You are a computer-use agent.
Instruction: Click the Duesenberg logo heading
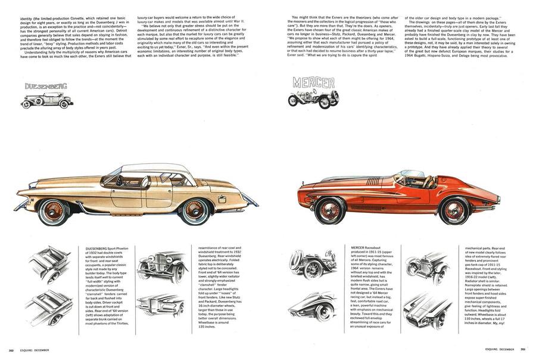(46, 86)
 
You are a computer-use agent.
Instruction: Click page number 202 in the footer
(11, 350)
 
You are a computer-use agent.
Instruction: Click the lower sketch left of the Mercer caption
(312, 306)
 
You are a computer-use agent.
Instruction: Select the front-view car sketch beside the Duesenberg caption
(163, 266)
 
